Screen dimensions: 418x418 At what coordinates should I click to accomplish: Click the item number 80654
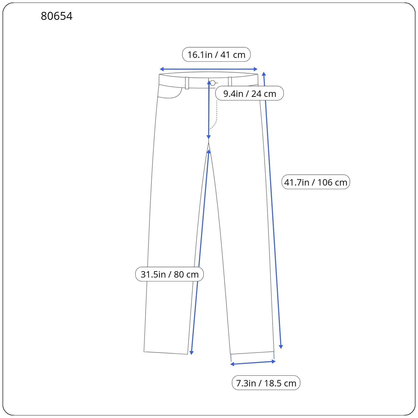click(57, 16)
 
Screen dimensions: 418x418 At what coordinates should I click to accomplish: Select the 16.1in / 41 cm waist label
click(216, 55)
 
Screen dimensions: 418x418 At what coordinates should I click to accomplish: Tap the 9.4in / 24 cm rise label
click(249, 93)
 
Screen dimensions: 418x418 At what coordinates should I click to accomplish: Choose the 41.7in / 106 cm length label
click(316, 182)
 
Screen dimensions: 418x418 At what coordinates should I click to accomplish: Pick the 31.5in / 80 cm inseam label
click(170, 274)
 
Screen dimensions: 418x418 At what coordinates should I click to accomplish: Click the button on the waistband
click(213, 83)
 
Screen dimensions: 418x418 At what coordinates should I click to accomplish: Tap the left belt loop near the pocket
click(187, 83)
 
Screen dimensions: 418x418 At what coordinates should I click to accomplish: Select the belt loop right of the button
click(230, 82)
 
